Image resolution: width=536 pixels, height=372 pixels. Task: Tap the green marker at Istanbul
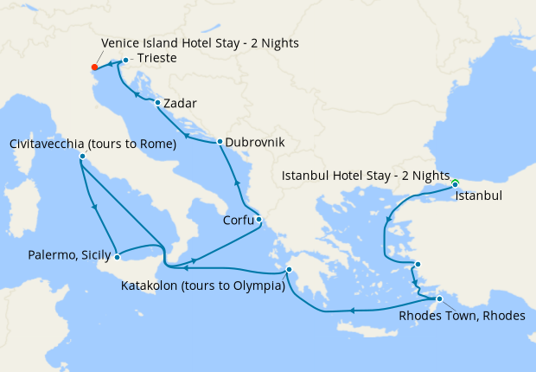click(455, 183)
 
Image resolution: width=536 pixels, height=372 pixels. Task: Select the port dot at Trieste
click(125, 60)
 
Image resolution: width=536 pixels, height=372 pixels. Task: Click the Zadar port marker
click(156, 103)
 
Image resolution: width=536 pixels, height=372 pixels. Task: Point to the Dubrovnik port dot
click(220, 142)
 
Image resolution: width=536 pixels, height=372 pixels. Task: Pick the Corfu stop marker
click(258, 219)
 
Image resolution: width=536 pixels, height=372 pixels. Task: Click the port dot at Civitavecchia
click(81, 157)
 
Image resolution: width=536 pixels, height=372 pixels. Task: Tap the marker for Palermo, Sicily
click(118, 255)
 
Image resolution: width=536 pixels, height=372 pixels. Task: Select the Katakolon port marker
click(289, 269)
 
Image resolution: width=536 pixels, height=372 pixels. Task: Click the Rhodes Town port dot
click(439, 299)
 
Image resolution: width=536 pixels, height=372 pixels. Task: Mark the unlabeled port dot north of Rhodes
click(417, 265)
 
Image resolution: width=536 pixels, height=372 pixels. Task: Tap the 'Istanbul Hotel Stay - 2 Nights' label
click(367, 176)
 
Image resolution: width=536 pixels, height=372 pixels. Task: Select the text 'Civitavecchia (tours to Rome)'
click(93, 143)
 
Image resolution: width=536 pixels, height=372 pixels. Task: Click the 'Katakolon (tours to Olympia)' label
click(203, 285)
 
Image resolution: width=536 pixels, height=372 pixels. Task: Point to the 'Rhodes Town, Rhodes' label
click(462, 316)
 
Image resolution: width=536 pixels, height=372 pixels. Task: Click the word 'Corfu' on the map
click(239, 220)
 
